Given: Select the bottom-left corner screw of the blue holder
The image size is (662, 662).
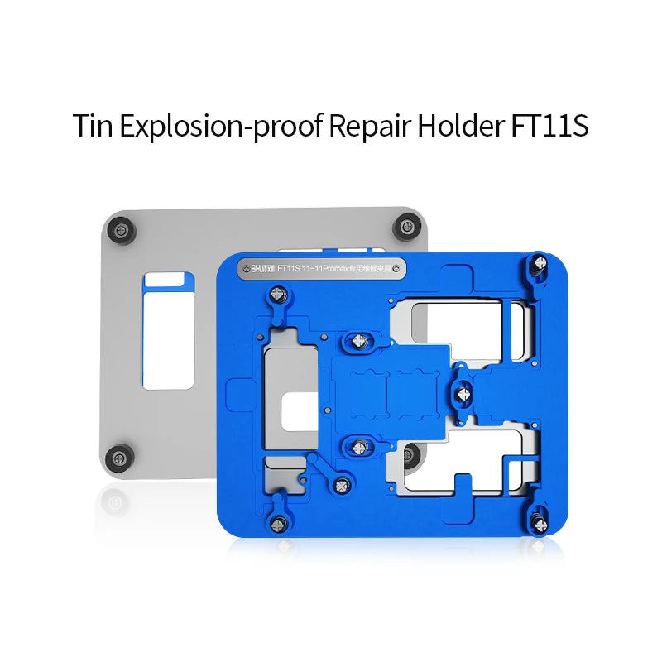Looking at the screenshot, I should point(280,521).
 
